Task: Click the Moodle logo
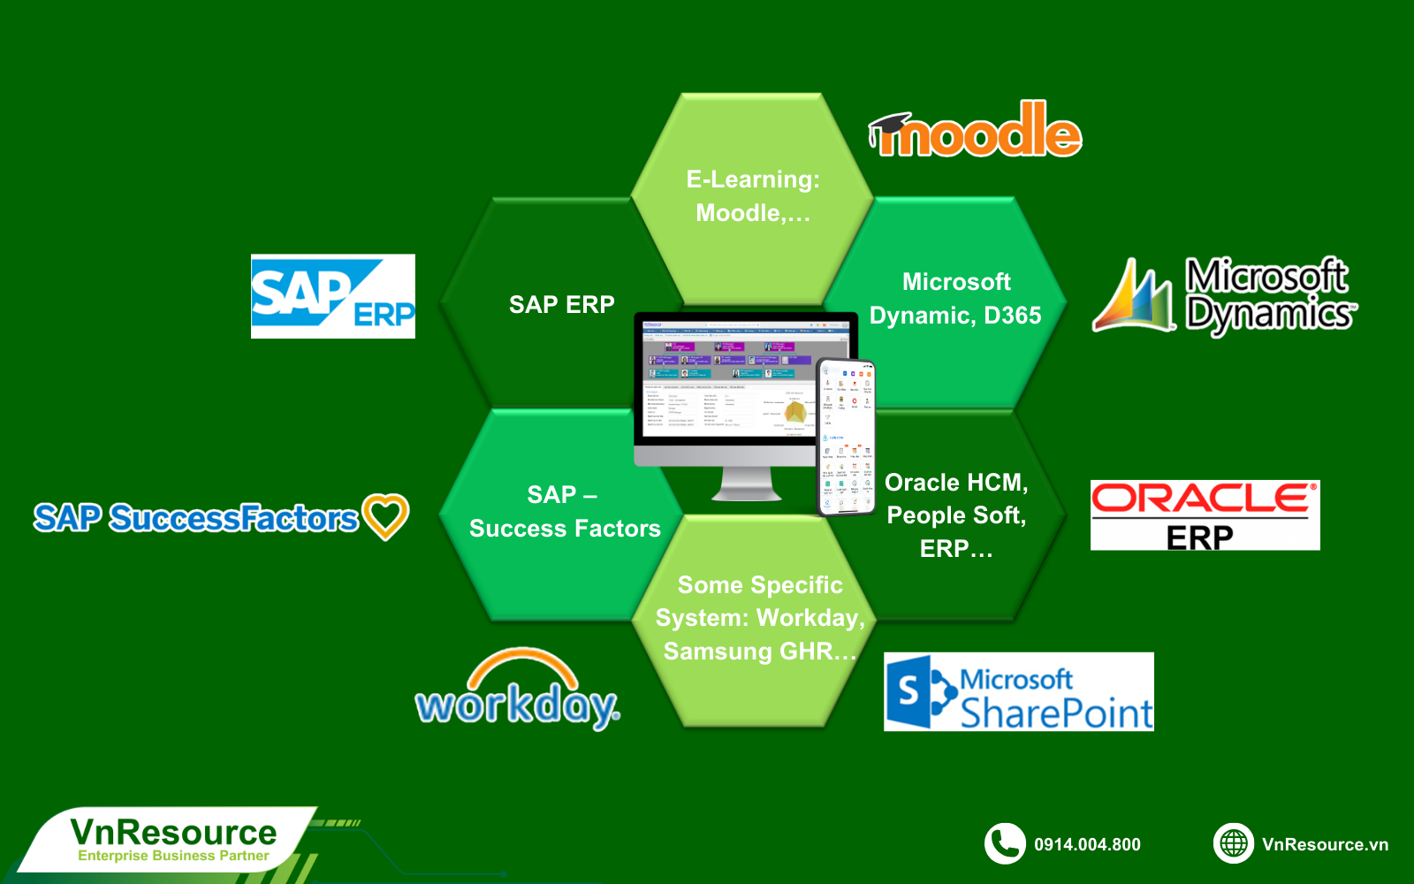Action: tap(976, 131)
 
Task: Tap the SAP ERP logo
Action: tap(332, 296)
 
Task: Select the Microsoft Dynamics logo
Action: tap(1225, 296)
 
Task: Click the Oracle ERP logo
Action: tap(1205, 515)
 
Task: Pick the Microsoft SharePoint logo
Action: tap(1018, 692)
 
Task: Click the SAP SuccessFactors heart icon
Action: tap(386, 515)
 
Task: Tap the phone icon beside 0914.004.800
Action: tap(1005, 844)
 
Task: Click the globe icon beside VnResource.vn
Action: tap(1234, 844)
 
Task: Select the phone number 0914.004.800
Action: tap(1087, 845)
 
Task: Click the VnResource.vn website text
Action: tap(1325, 845)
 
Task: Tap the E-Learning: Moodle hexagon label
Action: tap(753, 196)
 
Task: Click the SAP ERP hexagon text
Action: tap(562, 305)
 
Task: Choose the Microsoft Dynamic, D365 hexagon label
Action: tap(955, 299)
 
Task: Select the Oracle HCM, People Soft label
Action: tap(956, 499)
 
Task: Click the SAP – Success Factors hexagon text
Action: tap(565, 512)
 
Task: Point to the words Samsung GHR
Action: tap(758, 652)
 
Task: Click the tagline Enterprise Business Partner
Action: tap(173, 856)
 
